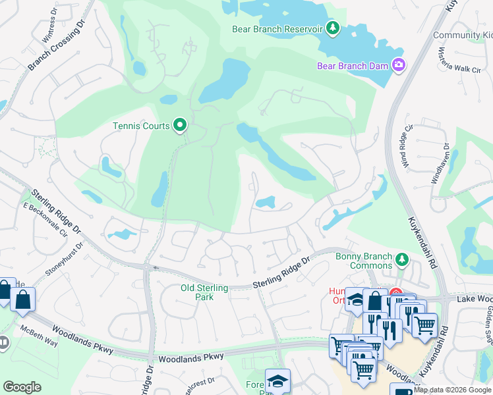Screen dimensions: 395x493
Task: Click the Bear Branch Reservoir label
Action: click(276, 29)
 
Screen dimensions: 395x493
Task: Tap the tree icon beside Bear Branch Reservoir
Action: click(333, 28)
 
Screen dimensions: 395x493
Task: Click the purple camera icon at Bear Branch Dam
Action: click(398, 65)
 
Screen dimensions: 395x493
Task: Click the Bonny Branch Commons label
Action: click(363, 261)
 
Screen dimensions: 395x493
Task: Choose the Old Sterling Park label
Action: click(204, 292)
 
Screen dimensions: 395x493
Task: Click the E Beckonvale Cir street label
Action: click(45, 219)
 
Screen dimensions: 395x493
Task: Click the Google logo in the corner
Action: click(22, 387)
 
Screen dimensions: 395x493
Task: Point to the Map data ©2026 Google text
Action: click(451, 390)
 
